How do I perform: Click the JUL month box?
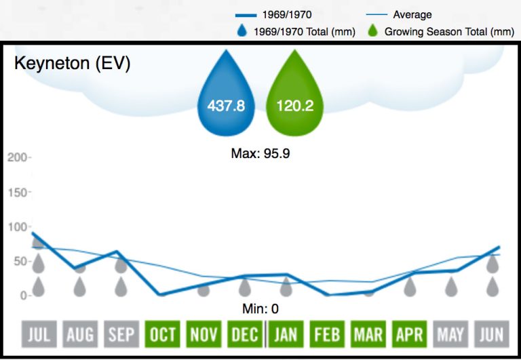(39, 334)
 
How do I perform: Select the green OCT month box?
(163, 334)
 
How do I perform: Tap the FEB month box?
(326, 334)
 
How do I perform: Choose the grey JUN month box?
(490, 334)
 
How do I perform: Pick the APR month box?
(408, 334)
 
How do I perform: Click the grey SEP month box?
(121, 334)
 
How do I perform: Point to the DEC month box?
(244, 334)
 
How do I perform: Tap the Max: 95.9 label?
(260, 153)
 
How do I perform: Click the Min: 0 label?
(260, 309)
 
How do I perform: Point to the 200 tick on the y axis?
(18, 157)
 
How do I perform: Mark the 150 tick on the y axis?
(18, 193)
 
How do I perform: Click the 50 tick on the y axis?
(20, 262)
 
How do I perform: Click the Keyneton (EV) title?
(73, 64)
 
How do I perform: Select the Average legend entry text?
(412, 14)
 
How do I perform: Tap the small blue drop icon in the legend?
(242, 31)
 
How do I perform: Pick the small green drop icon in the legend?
(372, 31)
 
